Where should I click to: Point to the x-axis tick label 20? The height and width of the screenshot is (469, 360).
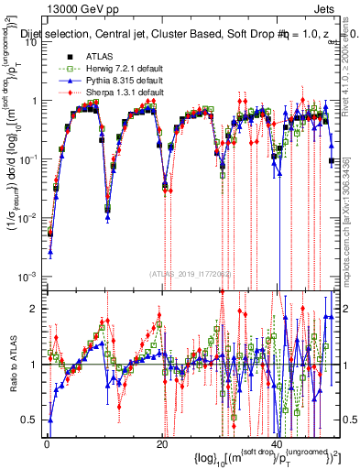(162, 443)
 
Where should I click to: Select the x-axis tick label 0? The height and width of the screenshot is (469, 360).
(47, 443)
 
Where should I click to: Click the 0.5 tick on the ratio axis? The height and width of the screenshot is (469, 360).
(33, 420)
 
